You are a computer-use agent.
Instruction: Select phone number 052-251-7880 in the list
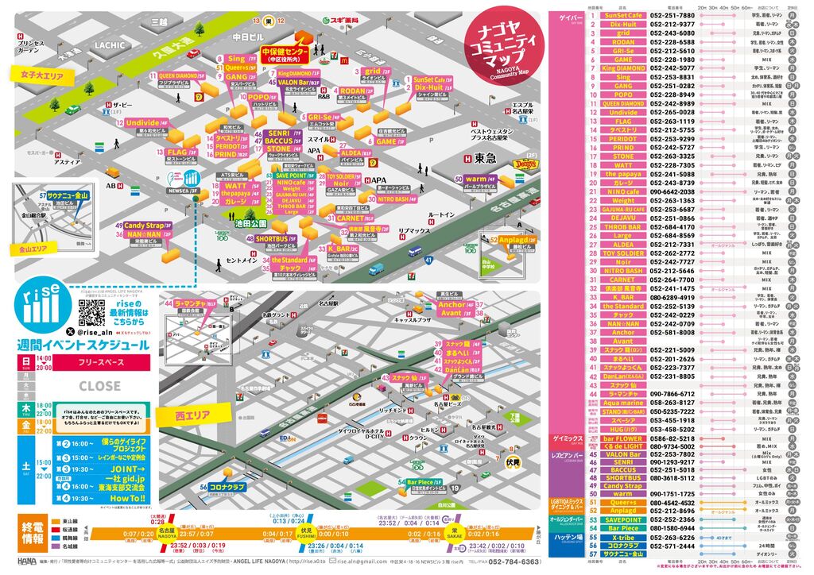(672, 15)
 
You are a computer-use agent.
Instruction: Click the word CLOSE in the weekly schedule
(100, 386)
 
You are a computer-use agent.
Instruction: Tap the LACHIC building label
(110, 45)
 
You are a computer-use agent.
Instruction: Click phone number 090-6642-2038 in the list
(672, 191)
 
